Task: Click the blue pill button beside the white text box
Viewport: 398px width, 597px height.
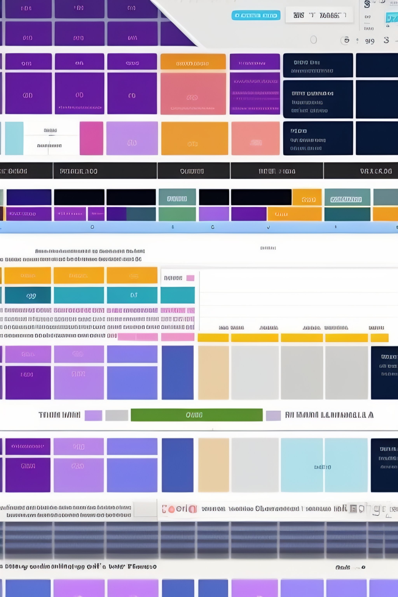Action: (256, 15)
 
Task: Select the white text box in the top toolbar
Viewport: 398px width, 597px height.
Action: (319, 15)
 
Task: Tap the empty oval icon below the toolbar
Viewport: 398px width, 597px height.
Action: (313, 40)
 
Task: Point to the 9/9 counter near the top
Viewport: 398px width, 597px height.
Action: (370, 41)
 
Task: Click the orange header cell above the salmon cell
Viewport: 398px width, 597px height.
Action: (193, 62)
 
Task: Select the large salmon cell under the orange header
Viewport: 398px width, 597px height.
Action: (193, 93)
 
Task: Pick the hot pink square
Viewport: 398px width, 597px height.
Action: (91, 138)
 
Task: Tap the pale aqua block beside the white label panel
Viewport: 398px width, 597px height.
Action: (14, 138)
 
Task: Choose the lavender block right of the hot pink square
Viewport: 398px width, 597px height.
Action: (132, 138)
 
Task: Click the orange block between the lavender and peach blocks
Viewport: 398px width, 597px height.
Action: (194, 138)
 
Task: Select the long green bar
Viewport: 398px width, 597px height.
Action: (196, 415)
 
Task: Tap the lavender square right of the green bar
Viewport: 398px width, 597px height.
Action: (273, 415)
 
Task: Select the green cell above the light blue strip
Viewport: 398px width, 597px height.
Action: (177, 214)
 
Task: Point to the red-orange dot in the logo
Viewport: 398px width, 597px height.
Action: (172, 509)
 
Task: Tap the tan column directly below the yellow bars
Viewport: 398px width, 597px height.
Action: (213, 372)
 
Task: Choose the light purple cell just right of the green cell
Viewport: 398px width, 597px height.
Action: (214, 214)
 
